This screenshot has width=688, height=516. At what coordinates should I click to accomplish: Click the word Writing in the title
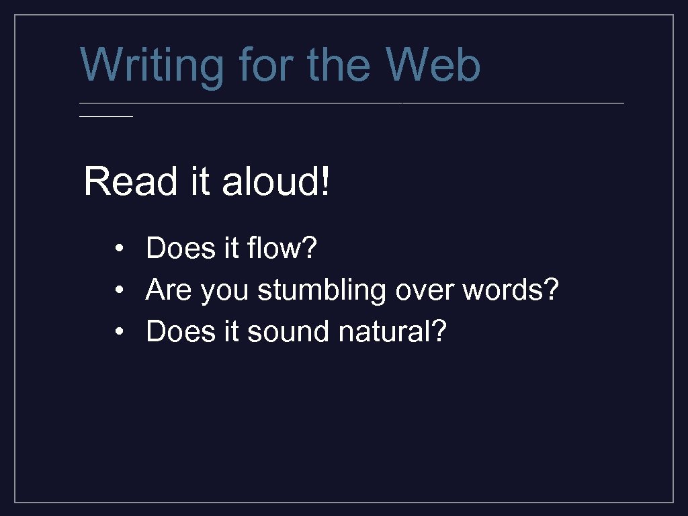click(152, 66)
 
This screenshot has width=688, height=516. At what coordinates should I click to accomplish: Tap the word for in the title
click(266, 65)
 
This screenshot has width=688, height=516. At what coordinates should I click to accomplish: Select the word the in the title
click(341, 65)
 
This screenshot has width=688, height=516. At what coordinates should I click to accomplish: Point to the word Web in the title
click(433, 65)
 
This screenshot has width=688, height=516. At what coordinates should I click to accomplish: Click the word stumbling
click(322, 291)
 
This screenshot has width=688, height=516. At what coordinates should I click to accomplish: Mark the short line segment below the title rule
click(106, 116)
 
